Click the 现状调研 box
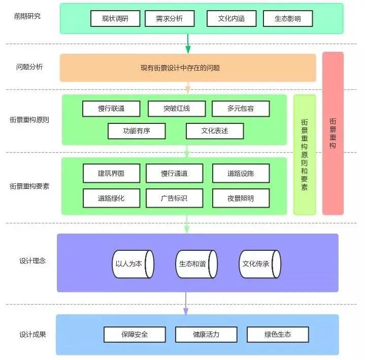tap(114, 19)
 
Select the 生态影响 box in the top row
tap(288, 19)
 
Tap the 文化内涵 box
tap(231, 19)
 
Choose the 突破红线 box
tap(177, 109)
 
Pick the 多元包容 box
tap(241, 109)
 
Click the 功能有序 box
tap(137, 131)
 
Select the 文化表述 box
tap(215, 131)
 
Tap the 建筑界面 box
tap(111, 174)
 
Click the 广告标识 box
tap(174, 198)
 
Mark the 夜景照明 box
tap(241, 198)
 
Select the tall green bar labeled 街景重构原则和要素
tap(305, 154)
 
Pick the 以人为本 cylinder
tap(132, 264)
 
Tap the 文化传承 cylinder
tap(259, 264)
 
